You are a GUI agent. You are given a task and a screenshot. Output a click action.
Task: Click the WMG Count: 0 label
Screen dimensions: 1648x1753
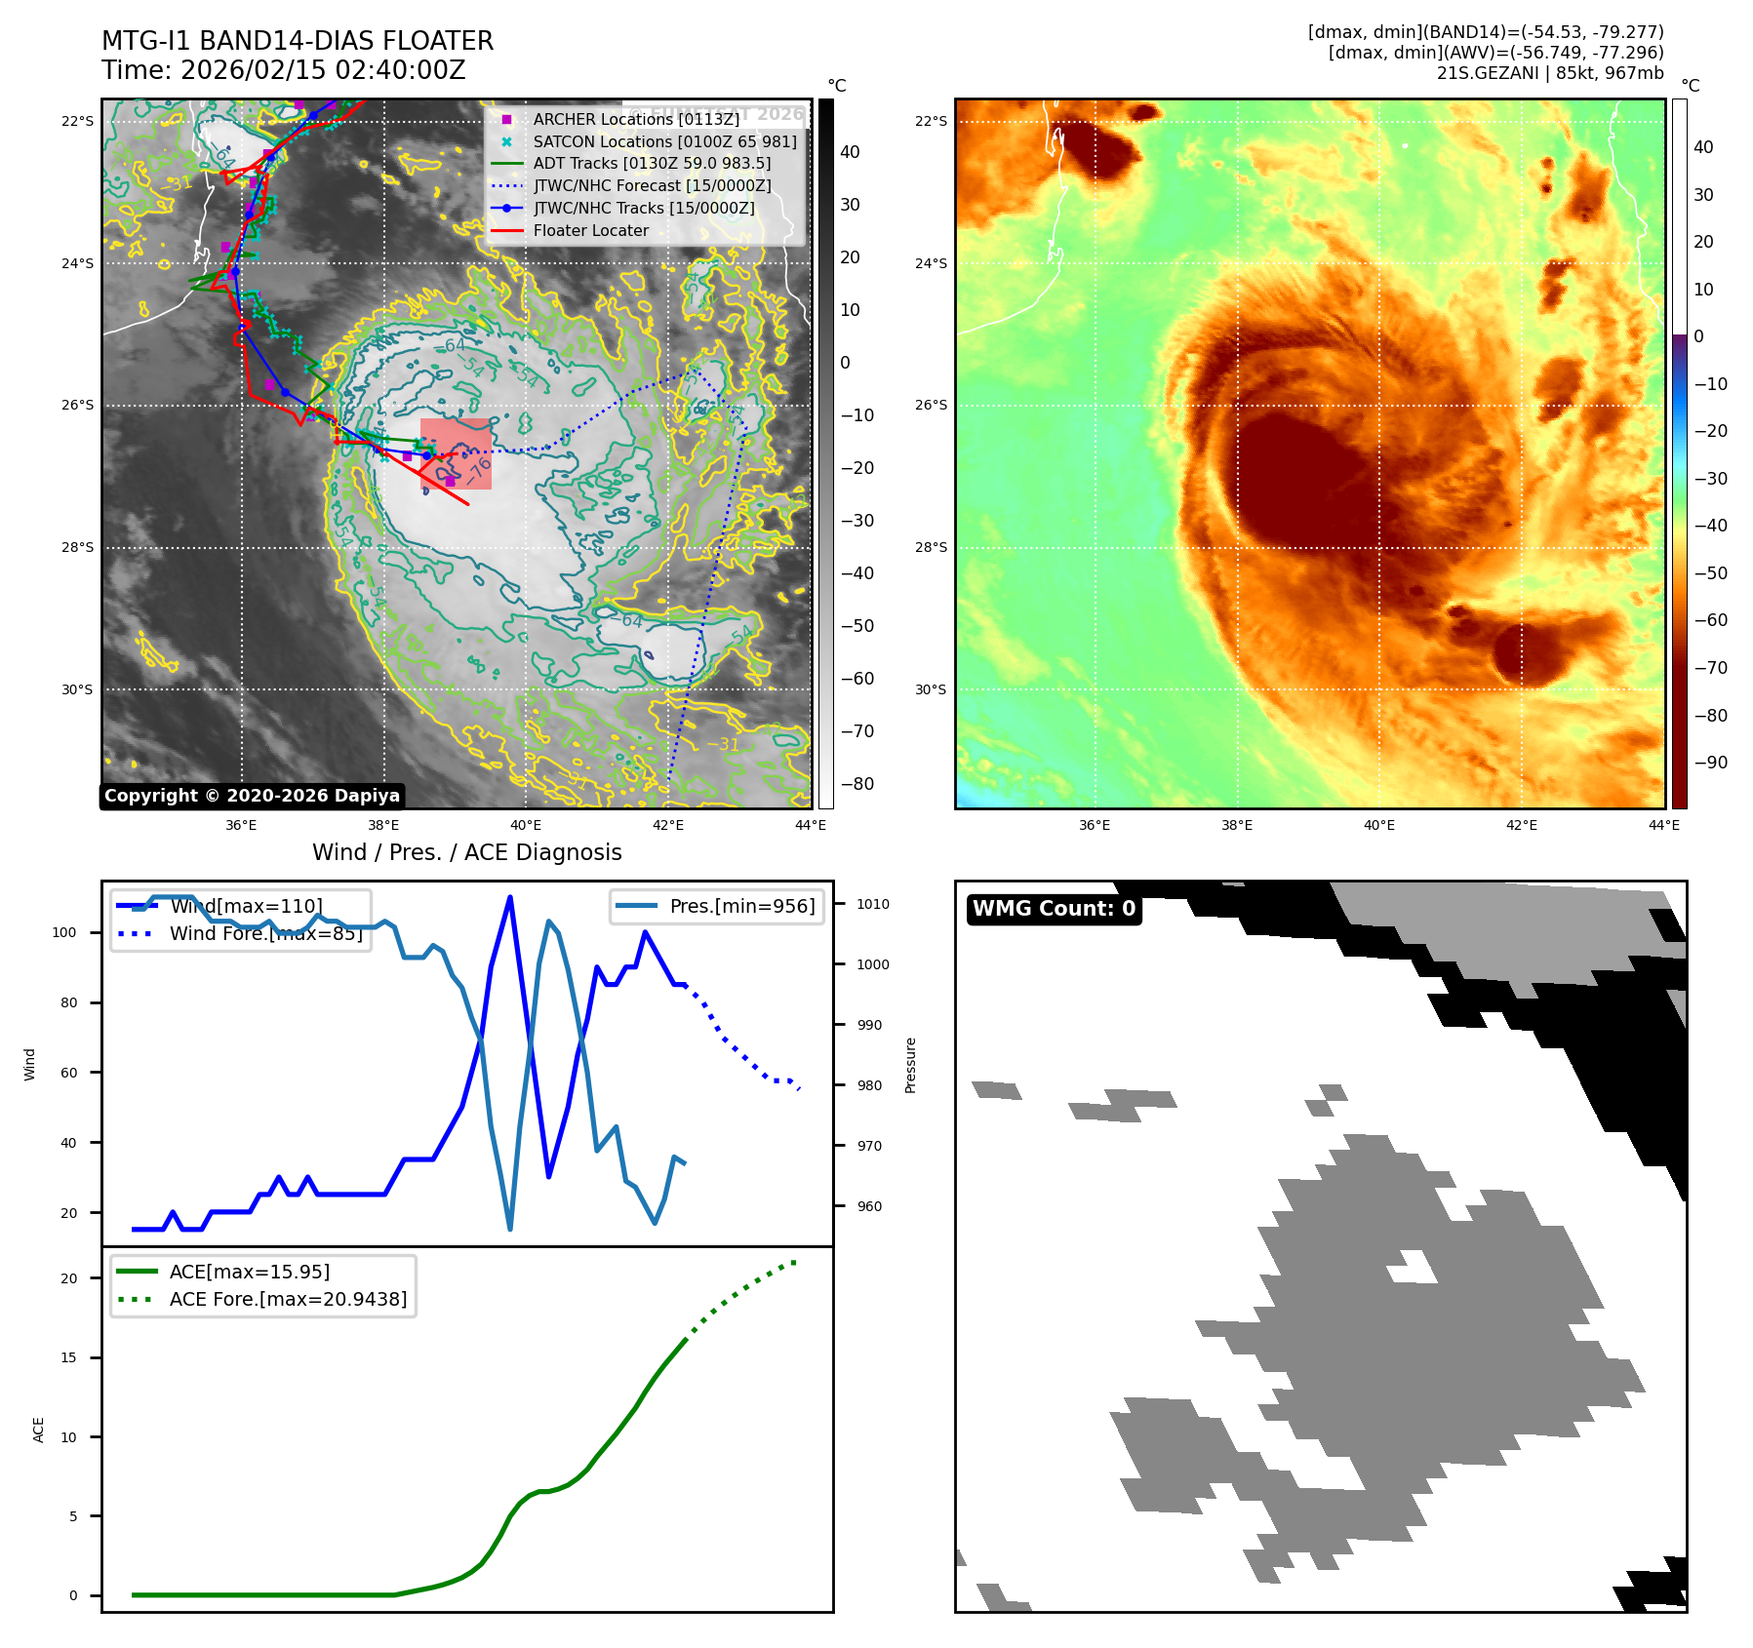[1054, 909]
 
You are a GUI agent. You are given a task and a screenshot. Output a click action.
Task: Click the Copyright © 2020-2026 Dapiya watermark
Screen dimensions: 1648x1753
[252, 796]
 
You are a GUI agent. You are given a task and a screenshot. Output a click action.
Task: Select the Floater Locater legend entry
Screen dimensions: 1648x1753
[590, 231]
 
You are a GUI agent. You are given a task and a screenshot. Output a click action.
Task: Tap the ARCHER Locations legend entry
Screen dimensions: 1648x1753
[636, 119]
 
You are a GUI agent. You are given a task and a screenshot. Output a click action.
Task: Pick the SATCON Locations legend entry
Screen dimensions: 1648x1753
[664, 141]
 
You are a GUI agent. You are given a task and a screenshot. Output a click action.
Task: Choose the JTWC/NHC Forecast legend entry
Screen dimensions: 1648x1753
[652, 185]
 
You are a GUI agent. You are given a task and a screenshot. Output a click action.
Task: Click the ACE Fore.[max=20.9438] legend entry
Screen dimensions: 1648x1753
[288, 1299]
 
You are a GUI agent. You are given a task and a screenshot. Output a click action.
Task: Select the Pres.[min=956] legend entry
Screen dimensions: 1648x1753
[741, 906]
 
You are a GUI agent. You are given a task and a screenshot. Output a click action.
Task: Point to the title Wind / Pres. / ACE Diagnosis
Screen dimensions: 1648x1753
[466, 852]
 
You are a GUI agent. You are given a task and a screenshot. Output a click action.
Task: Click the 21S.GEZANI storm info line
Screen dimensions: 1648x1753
[1549, 73]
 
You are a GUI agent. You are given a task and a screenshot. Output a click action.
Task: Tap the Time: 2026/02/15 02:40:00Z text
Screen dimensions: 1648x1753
[283, 70]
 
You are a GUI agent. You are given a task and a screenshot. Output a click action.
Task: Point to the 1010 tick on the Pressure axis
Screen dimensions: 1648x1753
[872, 904]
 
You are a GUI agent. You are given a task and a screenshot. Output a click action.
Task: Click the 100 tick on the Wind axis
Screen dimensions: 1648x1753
[64, 932]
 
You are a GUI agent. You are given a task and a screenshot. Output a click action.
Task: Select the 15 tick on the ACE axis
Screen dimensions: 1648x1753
[68, 1357]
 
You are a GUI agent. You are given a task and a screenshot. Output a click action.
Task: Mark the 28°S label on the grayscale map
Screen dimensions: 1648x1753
[78, 547]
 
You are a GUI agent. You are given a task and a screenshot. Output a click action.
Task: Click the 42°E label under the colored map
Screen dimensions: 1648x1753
[1521, 825]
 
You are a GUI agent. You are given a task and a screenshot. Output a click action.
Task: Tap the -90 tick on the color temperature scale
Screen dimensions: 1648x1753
[1710, 763]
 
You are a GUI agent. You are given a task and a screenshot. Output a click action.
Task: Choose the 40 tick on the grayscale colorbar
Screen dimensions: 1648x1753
[850, 152]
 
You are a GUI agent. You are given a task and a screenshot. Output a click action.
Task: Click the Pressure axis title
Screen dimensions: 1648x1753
[910, 1065]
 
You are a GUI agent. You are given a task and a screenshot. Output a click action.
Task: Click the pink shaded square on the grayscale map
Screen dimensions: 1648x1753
[456, 453]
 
